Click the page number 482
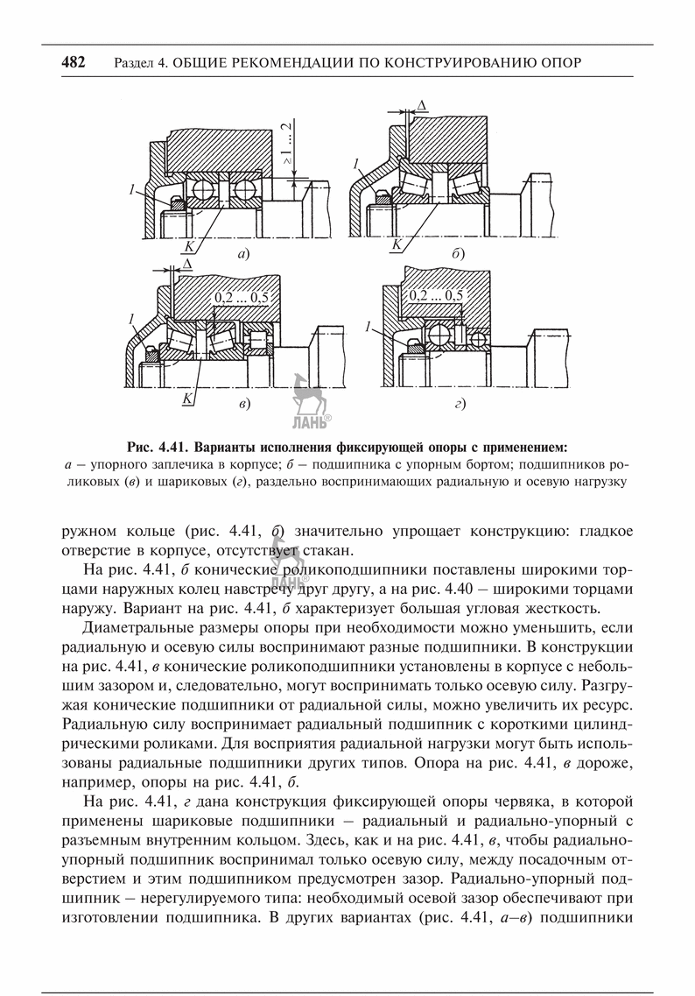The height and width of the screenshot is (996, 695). click(73, 62)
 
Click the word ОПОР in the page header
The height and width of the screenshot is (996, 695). click(558, 63)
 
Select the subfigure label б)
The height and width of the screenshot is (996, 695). click(457, 254)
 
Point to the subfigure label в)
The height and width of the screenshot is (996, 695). click(244, 404)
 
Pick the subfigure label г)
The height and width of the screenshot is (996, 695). click(458, 404)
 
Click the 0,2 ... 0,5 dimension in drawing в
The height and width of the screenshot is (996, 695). click(240, 298)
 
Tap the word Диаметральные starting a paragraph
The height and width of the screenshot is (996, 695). click(137, 628)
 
